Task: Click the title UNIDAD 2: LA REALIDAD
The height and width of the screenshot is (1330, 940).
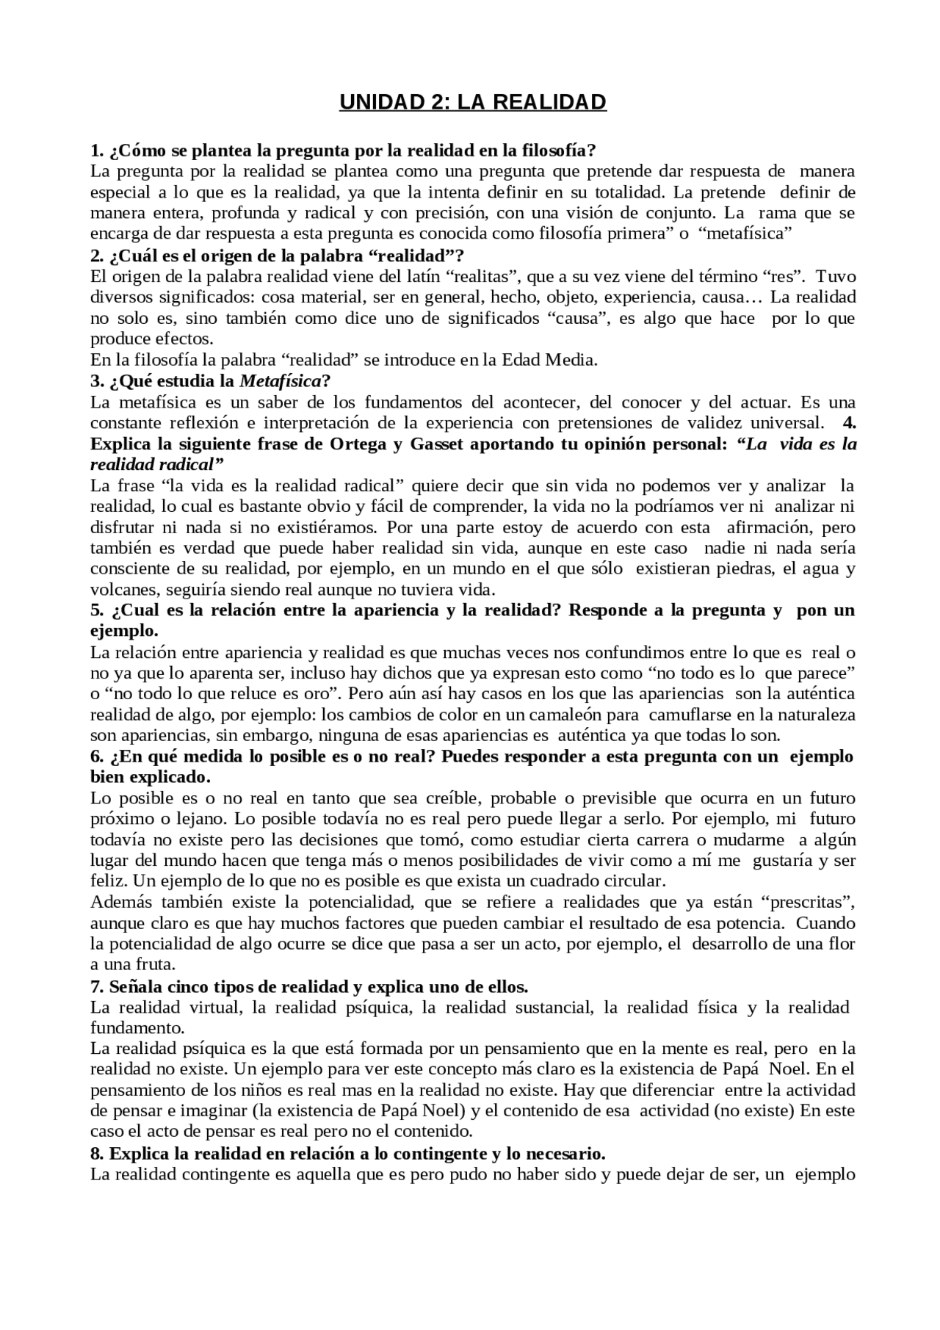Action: click(472, 102)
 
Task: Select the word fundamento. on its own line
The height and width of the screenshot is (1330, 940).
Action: click(137, 1027)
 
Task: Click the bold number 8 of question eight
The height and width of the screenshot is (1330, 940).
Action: click(95, 1152)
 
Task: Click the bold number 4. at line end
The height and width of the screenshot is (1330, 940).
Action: click(848, 423)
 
